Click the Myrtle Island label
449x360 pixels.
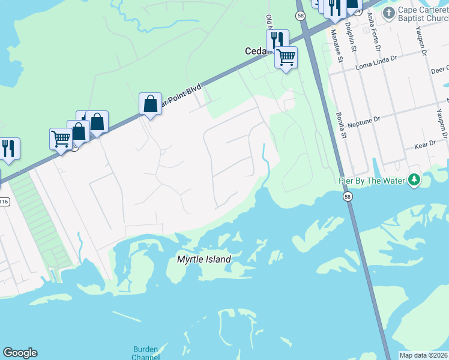204,259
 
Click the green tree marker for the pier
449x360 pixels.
414,179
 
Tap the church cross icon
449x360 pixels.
389,13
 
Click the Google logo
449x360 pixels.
20,353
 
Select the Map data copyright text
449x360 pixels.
424,355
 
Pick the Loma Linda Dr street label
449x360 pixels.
378,59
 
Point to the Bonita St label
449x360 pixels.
342,124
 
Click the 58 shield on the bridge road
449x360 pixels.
347,196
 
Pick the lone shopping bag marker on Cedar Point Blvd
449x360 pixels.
150,104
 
